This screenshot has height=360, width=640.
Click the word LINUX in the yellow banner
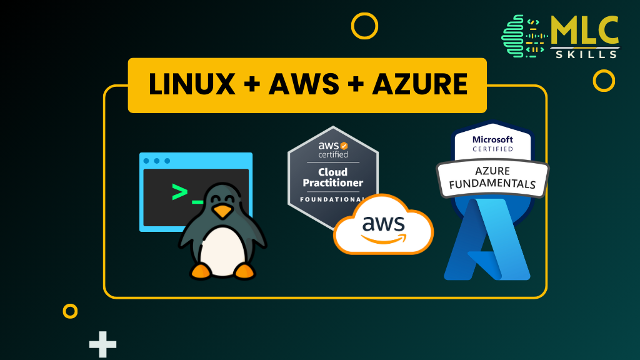pos(190,85)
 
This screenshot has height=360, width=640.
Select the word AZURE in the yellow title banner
pos(419,85)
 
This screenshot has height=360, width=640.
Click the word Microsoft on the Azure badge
pos(492,139)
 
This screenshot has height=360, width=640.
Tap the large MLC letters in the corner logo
pos(584,30)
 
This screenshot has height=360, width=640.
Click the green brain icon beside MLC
pos(516,36)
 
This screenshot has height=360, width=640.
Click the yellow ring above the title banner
pos(364,26)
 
